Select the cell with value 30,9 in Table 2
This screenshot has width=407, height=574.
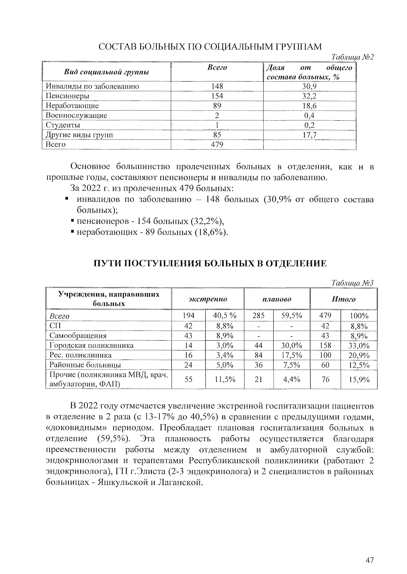tap(309, 86)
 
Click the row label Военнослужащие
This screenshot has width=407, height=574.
tap(76, 115)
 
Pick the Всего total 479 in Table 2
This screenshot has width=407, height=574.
tap(217, 145)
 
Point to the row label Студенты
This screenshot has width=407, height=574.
tap(63, 125)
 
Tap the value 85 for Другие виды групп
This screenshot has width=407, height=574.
tap(217, 135)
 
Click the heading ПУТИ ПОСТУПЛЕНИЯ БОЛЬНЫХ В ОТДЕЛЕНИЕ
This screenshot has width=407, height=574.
tap(210, 263)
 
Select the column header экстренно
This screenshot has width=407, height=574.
tap(208, 299)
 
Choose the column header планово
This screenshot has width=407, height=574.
tap(276, 299)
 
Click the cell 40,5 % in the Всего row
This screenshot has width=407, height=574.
tap(225, 316)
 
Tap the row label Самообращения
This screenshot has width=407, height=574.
tap(78, 336)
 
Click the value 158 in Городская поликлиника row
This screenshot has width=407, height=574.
tap(325, 345)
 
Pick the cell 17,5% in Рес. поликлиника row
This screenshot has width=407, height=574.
tap(291, 355)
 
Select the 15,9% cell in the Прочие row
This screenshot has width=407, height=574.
tap(359, 380)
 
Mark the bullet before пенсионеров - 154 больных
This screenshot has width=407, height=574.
tap(73, 221)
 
